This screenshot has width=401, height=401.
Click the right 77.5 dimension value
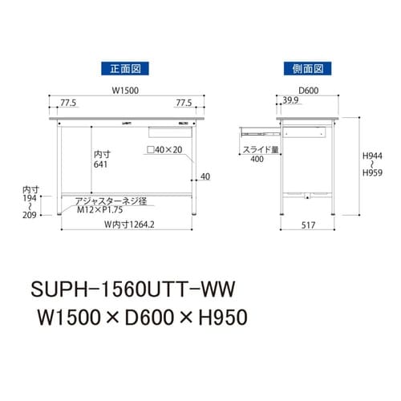[x=184, y=103]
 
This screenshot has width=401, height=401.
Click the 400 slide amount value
[x=257, y=160]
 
